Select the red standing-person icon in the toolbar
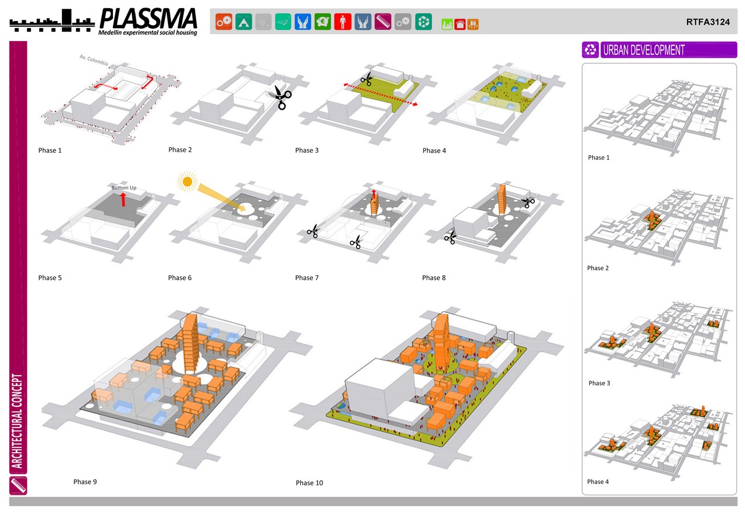[x=343, y=22]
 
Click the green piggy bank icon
[x=322, y=22]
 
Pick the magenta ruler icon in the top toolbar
[x=383, y=22]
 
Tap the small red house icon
[x=460, y=24]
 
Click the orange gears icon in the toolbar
[x=224, y=22]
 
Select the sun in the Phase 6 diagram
[x=187, y=183]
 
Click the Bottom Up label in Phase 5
[x=124, y=187]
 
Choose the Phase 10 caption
[x=309, y=483]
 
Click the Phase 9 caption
[x=85, y=482]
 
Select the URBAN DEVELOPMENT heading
[x=643, y=50]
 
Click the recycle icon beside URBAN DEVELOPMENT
[x=591, y=50]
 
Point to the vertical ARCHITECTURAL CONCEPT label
[x=18, y=422]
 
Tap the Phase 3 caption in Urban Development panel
[x=599, y=383]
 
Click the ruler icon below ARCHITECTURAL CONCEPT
[x=18, y=485]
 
